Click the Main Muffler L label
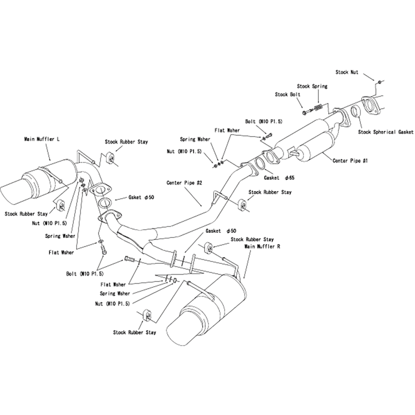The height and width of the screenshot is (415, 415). coord(42,139)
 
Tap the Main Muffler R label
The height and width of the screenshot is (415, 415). coord(262,246)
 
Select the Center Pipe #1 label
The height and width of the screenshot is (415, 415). coord(350,160)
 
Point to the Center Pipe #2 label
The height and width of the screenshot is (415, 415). coord(184,183)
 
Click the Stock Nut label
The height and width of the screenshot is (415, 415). coord(347,72)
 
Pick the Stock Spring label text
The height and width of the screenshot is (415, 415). coord(312,86)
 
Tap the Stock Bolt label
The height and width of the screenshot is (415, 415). coord(287,95)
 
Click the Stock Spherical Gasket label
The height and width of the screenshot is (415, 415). coord(386,132)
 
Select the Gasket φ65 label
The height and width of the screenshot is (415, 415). coord(279,178)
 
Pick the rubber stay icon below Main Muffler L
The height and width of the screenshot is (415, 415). coord(60,205)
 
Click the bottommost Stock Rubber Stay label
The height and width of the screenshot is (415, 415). coord(134,332)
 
